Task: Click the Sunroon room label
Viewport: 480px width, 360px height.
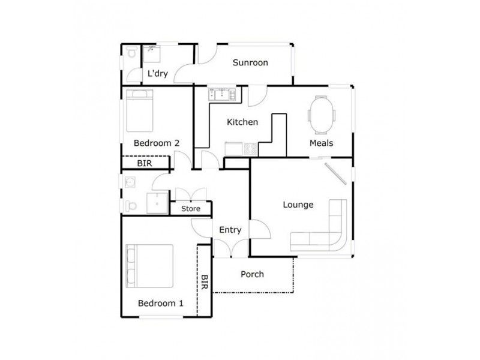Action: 250,62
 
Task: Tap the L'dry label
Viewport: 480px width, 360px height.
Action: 157,74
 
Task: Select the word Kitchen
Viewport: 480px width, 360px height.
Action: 242,122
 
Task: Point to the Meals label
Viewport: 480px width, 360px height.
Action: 321,143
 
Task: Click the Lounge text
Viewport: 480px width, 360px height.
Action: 298,205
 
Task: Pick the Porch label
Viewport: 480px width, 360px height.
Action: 252,274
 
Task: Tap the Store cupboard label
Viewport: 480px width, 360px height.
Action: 191,209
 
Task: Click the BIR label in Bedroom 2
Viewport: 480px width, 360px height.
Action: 144,163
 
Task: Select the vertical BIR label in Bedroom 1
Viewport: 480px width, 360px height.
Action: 205,283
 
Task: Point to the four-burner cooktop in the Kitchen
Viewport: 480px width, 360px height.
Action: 249,148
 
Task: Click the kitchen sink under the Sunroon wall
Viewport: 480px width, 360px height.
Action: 223,94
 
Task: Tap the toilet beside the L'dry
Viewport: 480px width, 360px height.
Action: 131,53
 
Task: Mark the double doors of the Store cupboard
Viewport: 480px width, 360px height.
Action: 191,196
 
